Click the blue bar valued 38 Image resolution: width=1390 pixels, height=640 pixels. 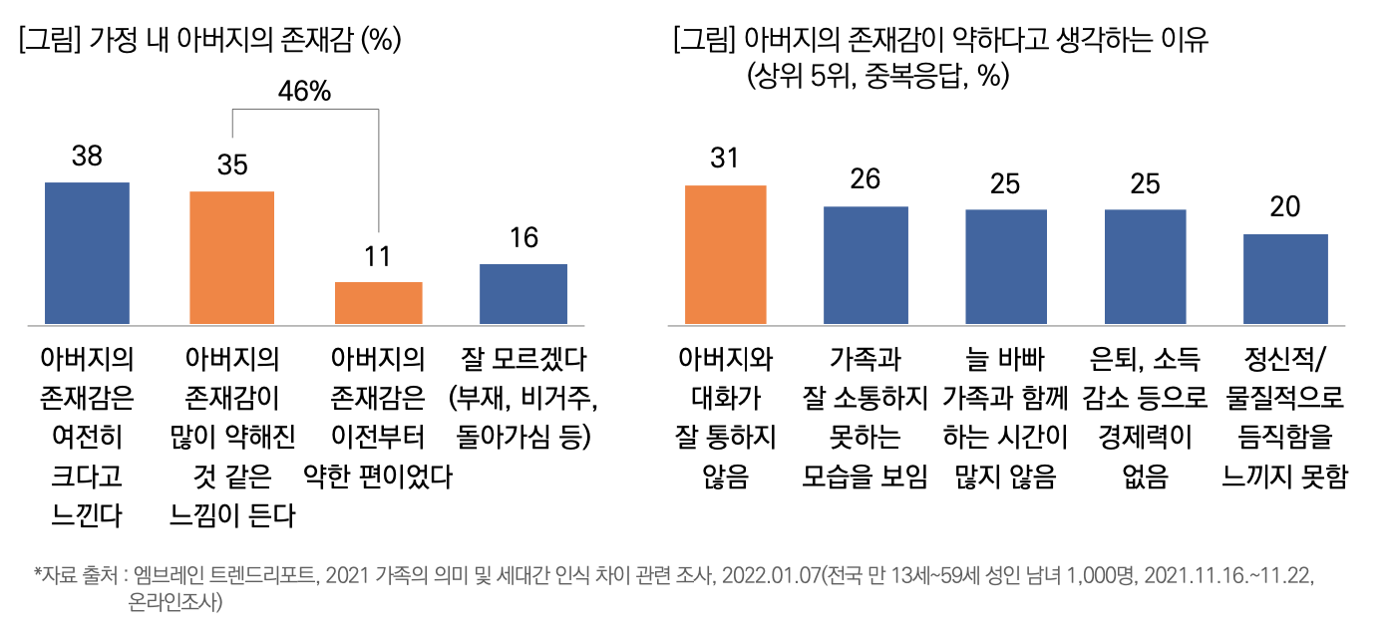point(88,253)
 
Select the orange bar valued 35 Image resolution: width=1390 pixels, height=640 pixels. point(232,257)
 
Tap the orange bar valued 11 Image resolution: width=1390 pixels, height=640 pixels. point(378,303)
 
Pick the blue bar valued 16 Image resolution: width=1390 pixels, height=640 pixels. point(523,294)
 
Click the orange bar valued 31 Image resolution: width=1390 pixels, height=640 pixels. point(725,255)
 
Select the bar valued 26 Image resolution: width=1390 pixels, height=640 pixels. point(866,265)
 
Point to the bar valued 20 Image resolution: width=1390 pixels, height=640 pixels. point(1285,279)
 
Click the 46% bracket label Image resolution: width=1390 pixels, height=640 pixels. point(304,92)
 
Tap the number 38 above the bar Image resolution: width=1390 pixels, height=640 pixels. point(88,157)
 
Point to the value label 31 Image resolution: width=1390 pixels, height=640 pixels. point(725,159)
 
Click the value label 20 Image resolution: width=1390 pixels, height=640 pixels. point(1285,207)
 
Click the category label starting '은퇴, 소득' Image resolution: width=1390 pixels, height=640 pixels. point(1146,419)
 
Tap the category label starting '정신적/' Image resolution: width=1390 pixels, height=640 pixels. point(1285,419)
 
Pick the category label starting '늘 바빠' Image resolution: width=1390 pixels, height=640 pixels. point(1005,419)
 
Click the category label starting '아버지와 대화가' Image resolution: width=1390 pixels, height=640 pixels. point(725,419)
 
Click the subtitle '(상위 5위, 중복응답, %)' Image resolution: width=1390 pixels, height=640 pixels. point(876,76)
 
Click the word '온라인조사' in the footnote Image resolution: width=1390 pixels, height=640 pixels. point(172,602)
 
